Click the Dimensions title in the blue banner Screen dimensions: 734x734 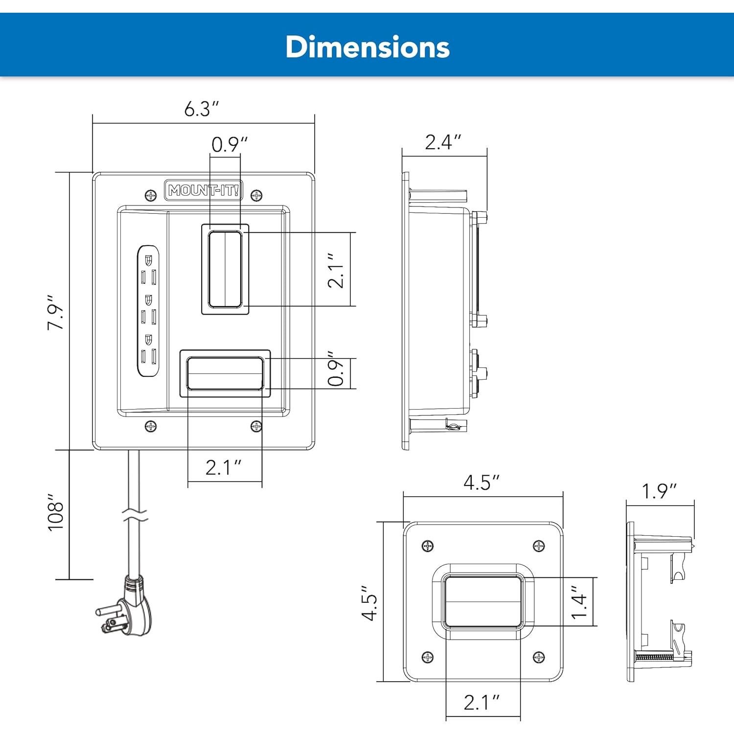(367, 47)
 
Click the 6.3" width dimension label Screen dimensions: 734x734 (201, 109)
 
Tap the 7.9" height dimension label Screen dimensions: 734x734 (56, 311)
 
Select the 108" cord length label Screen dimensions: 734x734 (56, 512)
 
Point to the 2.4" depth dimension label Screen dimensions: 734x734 (443, 142)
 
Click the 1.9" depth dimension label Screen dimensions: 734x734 (659, 491)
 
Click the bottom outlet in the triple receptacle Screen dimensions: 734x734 (148, 350)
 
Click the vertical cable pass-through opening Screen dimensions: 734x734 (225, 269)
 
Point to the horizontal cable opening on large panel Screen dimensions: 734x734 (225, 373)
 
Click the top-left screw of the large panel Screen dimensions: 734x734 (151, 196)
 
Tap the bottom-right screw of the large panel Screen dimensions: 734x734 (256, 427)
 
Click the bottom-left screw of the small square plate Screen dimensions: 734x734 (428, 657)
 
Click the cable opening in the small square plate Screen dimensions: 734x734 (483, 602)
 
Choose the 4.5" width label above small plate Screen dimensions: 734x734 (482, 483)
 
